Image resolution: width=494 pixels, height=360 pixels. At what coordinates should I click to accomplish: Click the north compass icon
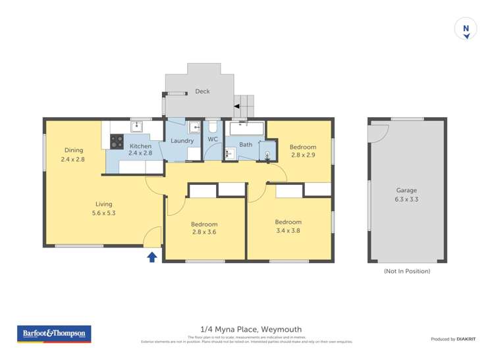(x=466, y=30)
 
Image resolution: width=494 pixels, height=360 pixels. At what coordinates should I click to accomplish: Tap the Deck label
(x=202, y=91)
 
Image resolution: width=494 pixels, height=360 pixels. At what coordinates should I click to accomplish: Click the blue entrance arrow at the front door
(x=151, y=256)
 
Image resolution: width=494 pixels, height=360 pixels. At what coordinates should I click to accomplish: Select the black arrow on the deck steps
(x=236, y=105)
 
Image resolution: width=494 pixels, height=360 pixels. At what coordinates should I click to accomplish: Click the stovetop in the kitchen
(x=117, y=141)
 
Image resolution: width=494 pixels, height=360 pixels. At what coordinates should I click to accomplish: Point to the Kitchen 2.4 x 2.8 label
(x=140, y=149)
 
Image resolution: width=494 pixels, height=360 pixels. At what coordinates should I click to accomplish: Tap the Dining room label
(x=72, y=154)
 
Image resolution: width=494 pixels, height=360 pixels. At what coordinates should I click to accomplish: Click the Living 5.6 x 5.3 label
(x=103, y=208)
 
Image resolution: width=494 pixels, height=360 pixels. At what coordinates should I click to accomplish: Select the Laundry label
(x=182, y=141)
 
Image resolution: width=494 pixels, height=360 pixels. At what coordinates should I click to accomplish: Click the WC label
(x=213, y=140)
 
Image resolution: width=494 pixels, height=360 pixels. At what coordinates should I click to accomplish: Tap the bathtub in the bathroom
(x=245, y=128)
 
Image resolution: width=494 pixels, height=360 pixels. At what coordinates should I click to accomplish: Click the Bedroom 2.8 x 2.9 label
(x=303, y=151)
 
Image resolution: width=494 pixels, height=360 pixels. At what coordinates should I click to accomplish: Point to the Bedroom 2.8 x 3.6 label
(x=204, y=228)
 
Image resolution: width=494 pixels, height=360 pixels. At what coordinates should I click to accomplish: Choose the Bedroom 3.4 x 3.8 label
(x=288, y=226)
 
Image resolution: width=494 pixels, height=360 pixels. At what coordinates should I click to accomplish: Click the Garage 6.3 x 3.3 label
(x=406, y=194)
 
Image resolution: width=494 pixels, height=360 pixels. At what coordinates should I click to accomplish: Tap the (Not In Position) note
(x=406, y=271)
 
